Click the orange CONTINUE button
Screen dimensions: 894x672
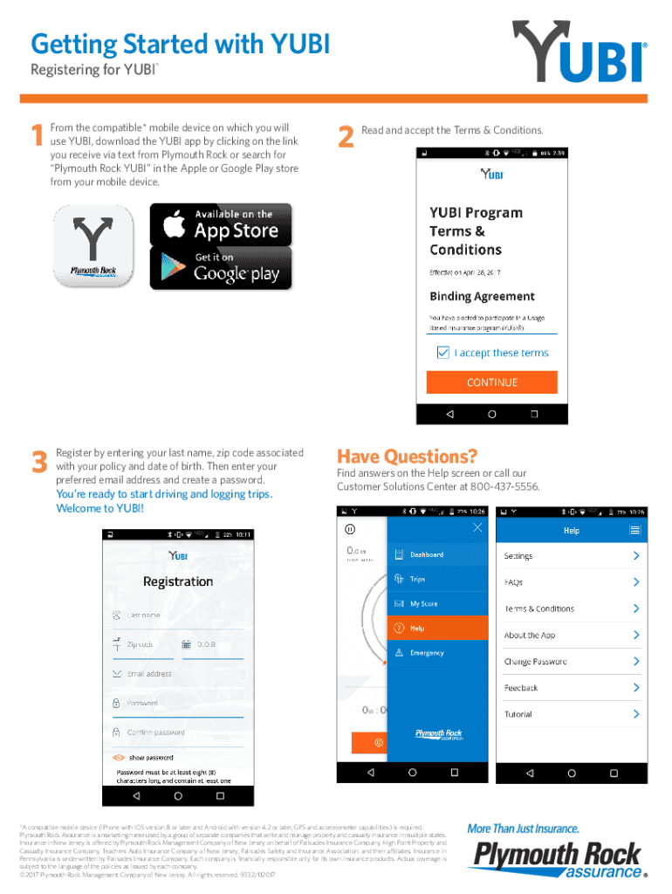tap(491, 382)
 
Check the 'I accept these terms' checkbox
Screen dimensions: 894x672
tap(443, 353)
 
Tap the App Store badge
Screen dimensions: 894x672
tap(221, 224)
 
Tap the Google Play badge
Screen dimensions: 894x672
tap(221, 268)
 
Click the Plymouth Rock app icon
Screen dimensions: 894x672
tap(93, 246)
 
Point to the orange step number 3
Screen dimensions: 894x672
tap(38, 463)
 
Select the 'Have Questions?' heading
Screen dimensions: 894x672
tap(407, 457)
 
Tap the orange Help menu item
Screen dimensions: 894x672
tap(437, 628)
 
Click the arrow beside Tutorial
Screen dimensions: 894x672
tap(636, 714)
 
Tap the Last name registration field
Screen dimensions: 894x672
tap(178, 615)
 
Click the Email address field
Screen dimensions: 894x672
tap(178, 674)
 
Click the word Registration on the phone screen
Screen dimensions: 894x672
tap(178, 581)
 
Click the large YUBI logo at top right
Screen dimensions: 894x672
tap(579, 55)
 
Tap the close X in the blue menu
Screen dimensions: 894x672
tap(477, 527)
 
